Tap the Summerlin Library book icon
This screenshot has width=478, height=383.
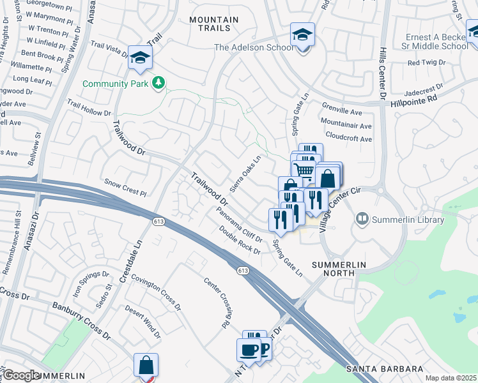pyautogui.click(x=363, y=220)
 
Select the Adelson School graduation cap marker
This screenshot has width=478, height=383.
pyautogui.click(x=302, y=34)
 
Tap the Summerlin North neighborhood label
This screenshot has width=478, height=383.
pyautogui.click(x=332, y=268)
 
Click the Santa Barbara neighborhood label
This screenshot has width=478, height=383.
pyautogui.click(x=385, y=369)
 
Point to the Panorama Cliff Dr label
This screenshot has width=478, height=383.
pyautogui.click(x=239, y=224)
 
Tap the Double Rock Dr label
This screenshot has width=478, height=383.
pyautogui.click(x=240, y=240)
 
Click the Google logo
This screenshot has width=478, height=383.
pyautogui.click(x=22, y=375)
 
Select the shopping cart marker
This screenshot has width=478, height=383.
pyautogui.click(x=304, y=169)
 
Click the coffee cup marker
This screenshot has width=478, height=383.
pyautogui.click(x=249, y=350)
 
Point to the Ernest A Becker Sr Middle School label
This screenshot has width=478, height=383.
pyautogui.click(x=437, y=41)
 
